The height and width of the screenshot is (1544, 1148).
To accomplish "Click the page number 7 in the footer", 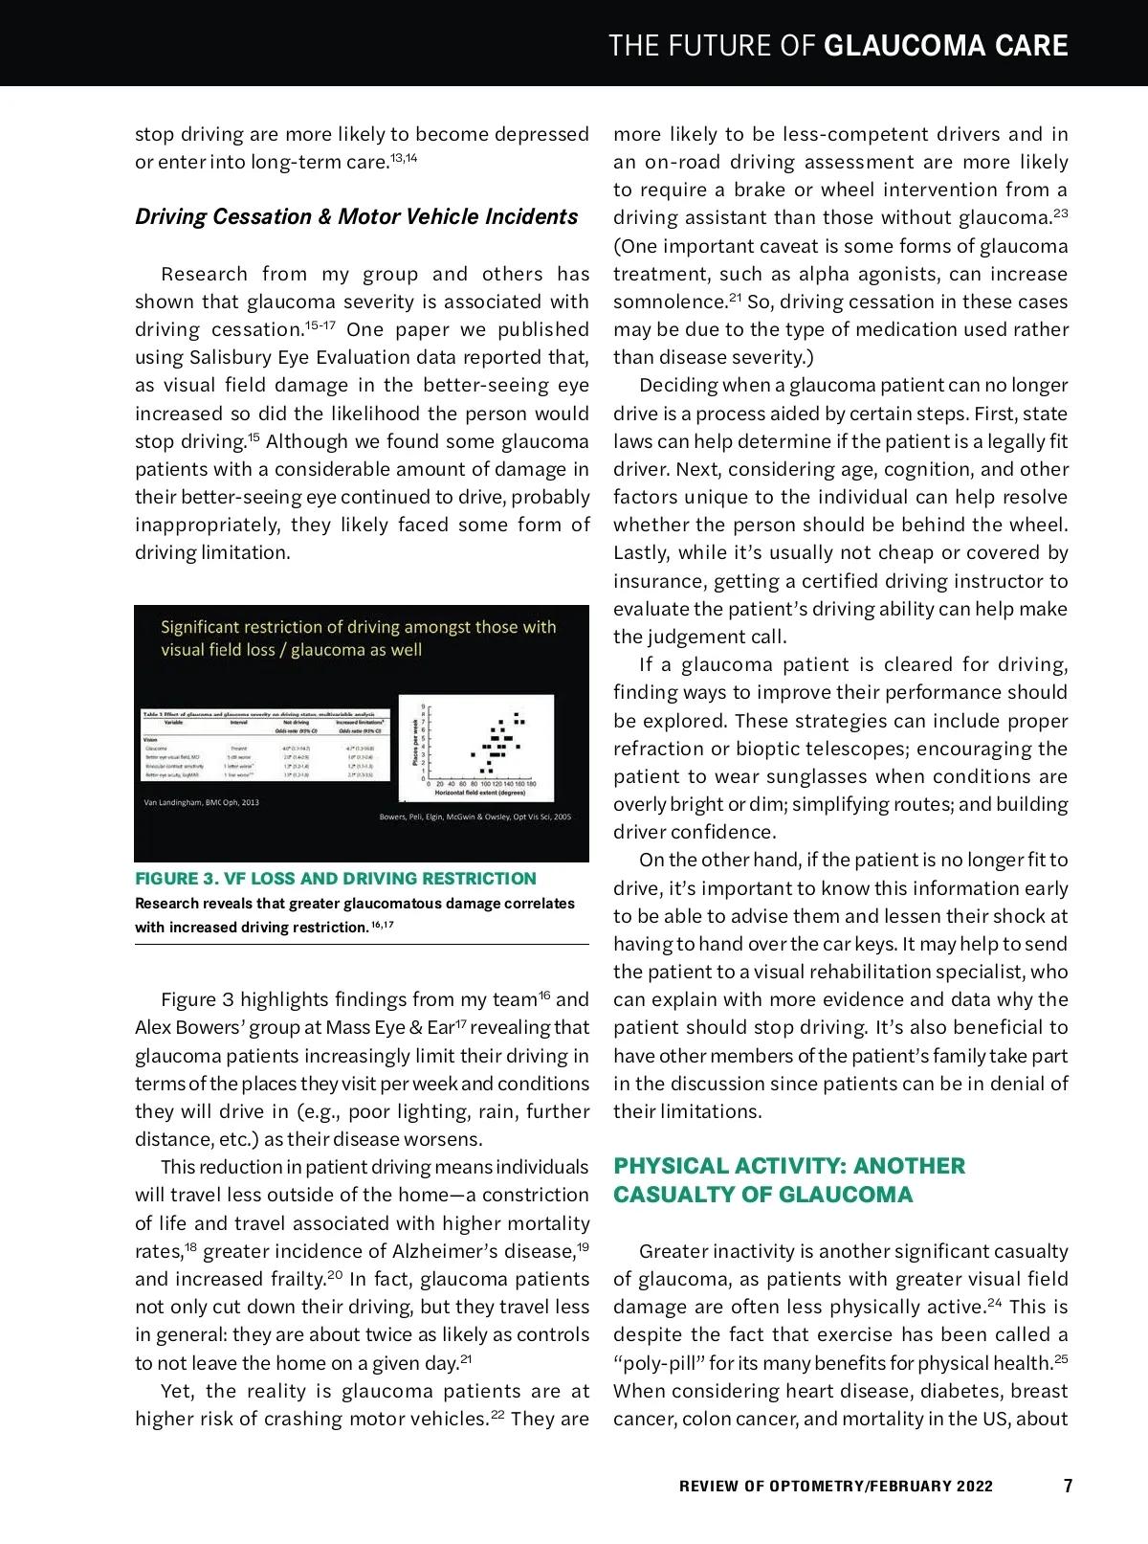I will pos(1068,1486).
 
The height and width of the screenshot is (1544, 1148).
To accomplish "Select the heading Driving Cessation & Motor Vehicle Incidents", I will pos(356,216).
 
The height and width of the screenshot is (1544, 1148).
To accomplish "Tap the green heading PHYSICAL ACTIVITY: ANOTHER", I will pos(789,1165).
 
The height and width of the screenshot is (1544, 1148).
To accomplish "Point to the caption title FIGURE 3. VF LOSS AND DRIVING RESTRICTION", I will pos(336,878).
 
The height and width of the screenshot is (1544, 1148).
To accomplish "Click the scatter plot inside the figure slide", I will pos(476,748).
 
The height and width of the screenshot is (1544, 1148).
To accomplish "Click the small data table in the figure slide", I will pos(266,746).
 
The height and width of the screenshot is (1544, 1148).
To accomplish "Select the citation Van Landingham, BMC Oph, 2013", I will pos(201,802).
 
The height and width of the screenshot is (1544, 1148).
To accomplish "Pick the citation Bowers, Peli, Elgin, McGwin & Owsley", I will pos(475,817).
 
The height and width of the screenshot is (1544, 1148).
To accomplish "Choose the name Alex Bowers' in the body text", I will pos(194,1027).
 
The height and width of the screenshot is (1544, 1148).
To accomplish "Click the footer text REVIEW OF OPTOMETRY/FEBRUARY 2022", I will pos(835,1486).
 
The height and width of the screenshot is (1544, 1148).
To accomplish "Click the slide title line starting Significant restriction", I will pos(358,627).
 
